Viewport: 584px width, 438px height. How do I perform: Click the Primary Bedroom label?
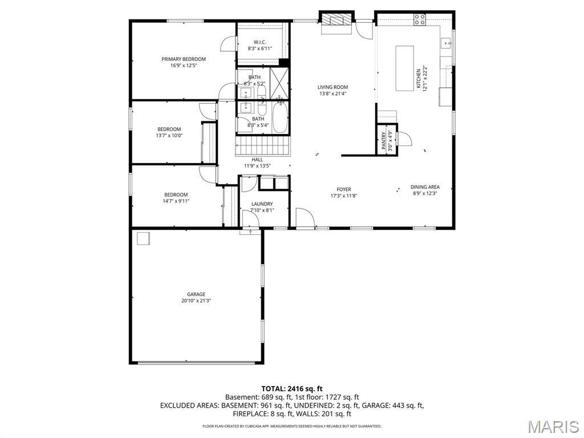click(183, 59)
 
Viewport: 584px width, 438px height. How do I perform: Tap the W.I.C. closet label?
click(259, 42)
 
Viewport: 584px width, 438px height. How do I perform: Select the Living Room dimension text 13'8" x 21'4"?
click(332, 94)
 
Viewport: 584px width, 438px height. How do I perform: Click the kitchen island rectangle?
click(405, 68)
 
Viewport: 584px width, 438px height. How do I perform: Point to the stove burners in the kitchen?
click(420, 19)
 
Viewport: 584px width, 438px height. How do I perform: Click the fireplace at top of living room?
click(335, 21)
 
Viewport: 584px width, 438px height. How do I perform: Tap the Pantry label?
click(384, 140)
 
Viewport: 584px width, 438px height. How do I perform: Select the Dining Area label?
click(425, 187)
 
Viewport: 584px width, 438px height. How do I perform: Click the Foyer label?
click(343, 189)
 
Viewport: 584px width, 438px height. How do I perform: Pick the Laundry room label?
click(262, 204)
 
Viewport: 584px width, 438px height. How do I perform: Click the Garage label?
click(196, 294)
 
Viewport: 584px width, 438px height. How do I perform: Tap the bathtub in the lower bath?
click(280, 117)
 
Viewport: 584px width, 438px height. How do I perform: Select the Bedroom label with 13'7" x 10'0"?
click(169, 129)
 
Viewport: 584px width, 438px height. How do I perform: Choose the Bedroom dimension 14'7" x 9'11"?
click(176, 201)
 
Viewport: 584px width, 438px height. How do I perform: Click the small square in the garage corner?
click(142, 238)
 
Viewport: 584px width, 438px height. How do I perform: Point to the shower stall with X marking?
click(279, 77)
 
